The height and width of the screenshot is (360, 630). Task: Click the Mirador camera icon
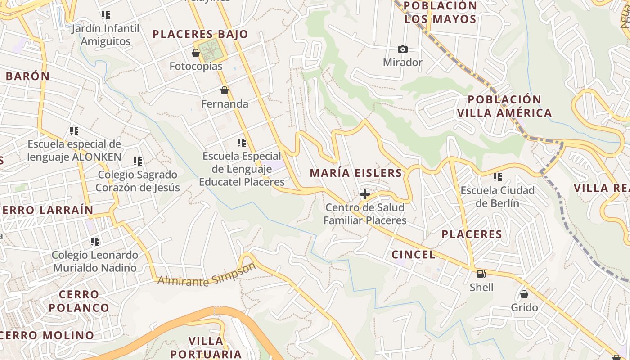click(x=402, y=49)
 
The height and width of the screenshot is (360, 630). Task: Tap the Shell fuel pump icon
click(x=481, y=274)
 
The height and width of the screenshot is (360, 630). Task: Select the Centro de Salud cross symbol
click(x=365, y=194)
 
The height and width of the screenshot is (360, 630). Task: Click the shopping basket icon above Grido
click(x=524, y=294)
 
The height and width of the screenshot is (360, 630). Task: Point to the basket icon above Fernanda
click(x=224, y=90)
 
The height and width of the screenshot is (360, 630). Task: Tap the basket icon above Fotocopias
click(x=196, y=53)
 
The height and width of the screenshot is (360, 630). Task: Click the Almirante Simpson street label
click(x=207, y=275)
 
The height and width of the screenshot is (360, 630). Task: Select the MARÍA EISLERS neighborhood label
click(x=355, y=173)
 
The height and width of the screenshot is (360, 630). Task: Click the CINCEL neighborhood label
click(x=414, y=255)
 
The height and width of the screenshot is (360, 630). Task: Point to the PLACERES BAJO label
click(x=200, y=34)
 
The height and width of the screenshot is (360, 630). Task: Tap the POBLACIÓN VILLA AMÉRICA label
click(x=504, y=106)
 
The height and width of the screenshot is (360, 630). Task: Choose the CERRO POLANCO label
click(x=79, y=301)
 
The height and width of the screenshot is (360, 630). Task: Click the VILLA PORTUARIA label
click(x=206, y=347)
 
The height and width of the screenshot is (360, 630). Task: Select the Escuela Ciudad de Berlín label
click(x=497, y=197)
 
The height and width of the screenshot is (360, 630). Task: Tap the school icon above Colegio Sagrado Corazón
click(x=138, y=161)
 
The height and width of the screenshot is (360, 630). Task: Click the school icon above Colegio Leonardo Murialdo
click(x=94, y=242)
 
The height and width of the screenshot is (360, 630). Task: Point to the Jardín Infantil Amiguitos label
click(x=106, y=35)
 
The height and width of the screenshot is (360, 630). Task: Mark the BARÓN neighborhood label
click(x=27, y=76)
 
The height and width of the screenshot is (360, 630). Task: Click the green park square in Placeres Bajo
click(x=211, y=51)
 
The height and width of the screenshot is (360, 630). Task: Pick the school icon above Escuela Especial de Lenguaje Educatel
click(x=242, y=143)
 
